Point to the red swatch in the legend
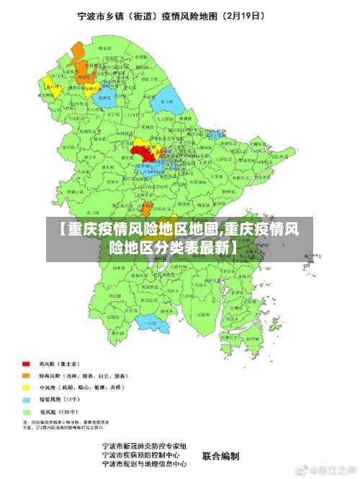click(26, 364)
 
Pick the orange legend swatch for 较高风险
click(26, 375)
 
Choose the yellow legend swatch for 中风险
click(26, 387)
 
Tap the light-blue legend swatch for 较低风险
click(26, 398)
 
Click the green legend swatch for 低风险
click(26, 410)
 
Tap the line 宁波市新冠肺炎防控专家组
click(144, 446)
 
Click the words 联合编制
click(220, 455)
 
